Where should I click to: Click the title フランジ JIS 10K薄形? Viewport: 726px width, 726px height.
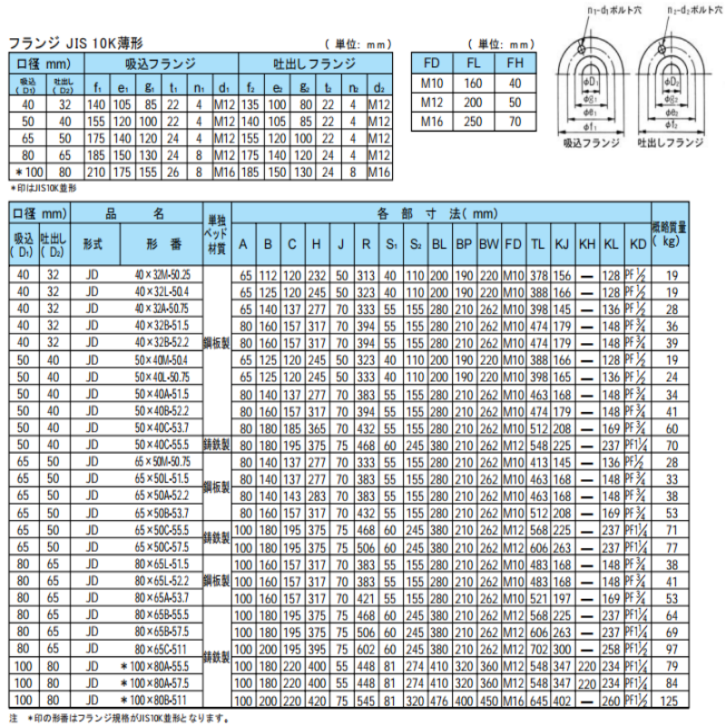[76, 43]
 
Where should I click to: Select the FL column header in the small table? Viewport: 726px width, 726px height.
[474, 65]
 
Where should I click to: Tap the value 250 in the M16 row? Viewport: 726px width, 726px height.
[474, 120]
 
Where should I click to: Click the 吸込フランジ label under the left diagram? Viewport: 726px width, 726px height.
[591, 144]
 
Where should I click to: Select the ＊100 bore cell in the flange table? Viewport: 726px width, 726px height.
[26, 171]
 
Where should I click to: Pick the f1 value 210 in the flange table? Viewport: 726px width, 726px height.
[96, 171]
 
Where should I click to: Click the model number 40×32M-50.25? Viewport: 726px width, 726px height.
[162, 273]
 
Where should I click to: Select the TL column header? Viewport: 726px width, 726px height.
[537, 245]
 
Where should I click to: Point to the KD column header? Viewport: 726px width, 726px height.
[637, 245]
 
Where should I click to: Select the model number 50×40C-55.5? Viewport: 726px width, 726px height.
[162, 445]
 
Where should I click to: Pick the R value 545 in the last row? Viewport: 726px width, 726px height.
[366, 700]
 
